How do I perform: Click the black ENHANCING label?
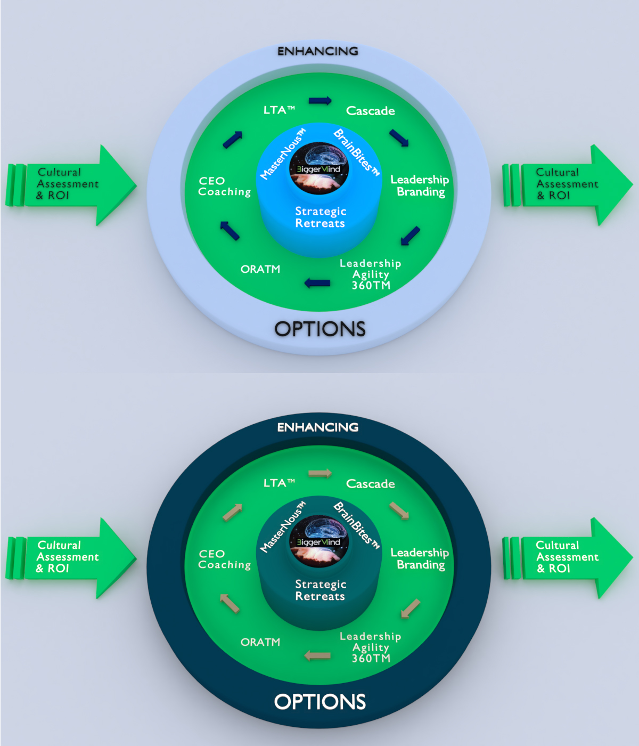pos(318,51)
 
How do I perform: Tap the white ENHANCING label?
pos(318,427)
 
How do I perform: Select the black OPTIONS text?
pos(319,329)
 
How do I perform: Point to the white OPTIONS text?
pos(319,702)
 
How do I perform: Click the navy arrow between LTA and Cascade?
pos(320,100)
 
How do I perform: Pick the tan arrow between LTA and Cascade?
pos(320,473)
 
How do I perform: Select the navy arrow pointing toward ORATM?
pos(317,283)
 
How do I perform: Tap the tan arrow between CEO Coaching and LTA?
pos(232,512)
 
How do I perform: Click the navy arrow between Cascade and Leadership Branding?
pos(399,137)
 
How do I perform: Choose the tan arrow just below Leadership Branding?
pos(411,609)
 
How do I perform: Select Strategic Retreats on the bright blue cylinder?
pos(321,217)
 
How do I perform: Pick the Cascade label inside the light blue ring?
pos(371,111)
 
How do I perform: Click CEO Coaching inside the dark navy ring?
pos(224,559)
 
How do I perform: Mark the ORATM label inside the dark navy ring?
pos(260,642)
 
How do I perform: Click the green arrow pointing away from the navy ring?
pos(567,557)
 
